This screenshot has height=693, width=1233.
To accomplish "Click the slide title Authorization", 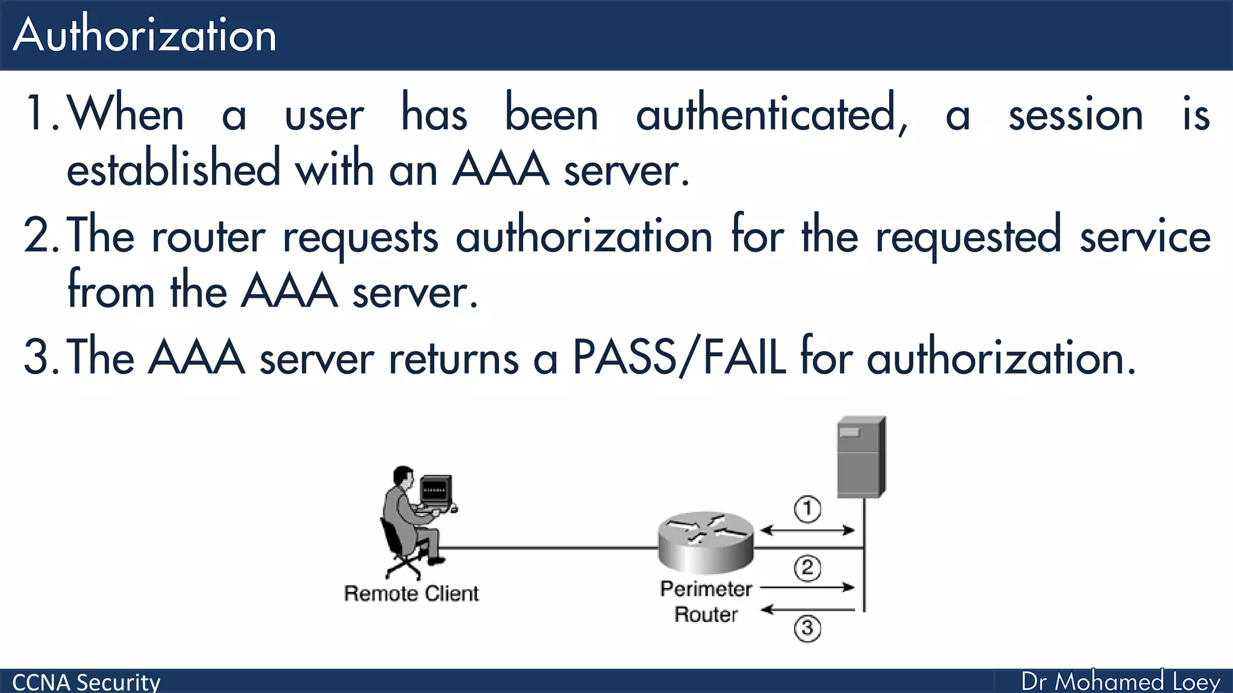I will coord(144,35).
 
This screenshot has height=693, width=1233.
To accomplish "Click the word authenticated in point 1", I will coord(771,114).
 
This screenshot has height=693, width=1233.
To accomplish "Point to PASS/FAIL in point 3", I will coord(679,357).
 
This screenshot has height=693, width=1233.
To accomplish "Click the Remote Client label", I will coord(411,594).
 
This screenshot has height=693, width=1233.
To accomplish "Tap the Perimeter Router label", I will coord(706,602).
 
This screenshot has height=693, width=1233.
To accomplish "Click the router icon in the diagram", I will coord(706,541).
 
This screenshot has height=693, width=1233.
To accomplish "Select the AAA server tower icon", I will coord(861,457).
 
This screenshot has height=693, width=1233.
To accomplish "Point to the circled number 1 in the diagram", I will coord(807,509).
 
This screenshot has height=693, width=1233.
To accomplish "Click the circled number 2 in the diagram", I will coord(807,568).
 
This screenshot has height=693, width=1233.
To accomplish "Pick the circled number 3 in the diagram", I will coord(807,629).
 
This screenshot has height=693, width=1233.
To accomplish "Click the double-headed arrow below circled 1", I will coord(807,530).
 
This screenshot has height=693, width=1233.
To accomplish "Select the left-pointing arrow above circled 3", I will coord(807,610).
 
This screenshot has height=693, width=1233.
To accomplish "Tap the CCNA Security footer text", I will coord(86,682).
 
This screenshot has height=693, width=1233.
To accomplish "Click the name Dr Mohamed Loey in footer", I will coord(1120,682).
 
